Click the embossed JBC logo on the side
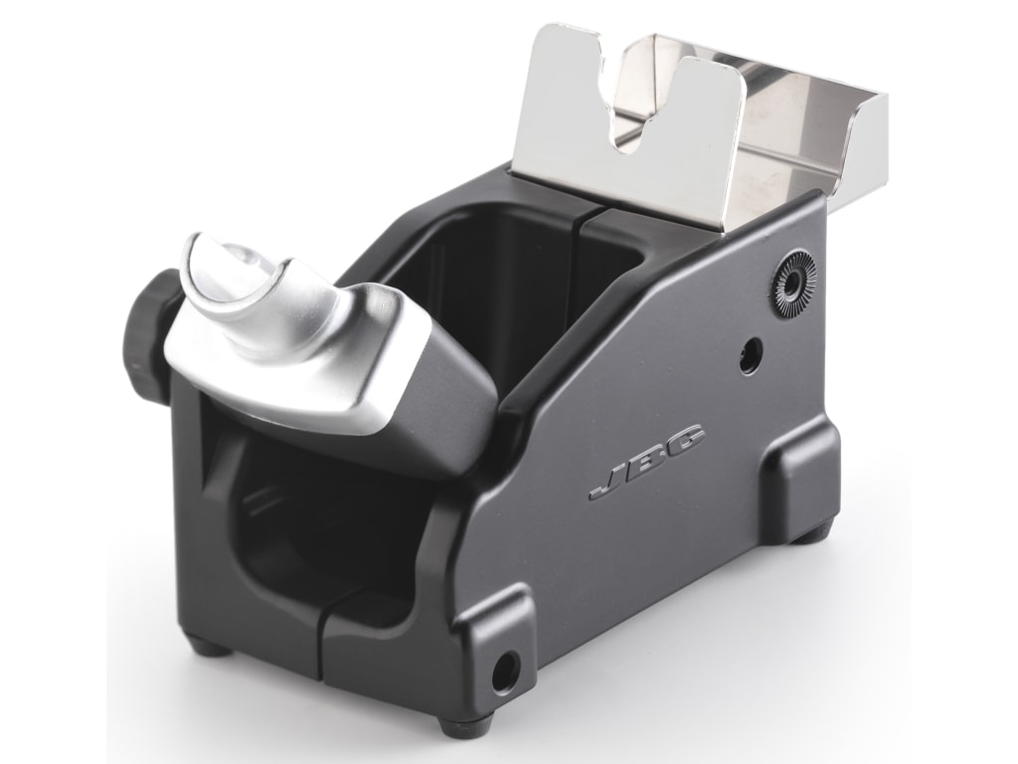(x=646, y=462)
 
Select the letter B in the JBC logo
(x=646, y=462)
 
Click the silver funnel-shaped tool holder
(x=288, y=328)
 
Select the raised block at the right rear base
(x=800, y=477)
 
